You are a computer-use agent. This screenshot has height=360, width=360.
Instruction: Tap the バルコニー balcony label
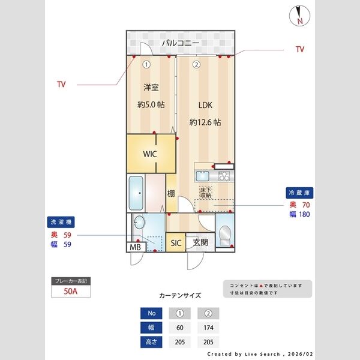point(179,43)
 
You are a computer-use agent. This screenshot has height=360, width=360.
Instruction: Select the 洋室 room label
point(151,88)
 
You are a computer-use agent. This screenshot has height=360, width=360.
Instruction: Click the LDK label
point(205,104)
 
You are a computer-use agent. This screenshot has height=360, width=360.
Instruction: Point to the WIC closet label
point(150,154)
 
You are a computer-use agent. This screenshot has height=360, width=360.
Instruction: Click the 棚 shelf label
point(171,193)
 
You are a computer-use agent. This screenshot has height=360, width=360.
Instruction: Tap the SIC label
point(176,243)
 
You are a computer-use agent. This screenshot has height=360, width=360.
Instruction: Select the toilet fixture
point(225,235)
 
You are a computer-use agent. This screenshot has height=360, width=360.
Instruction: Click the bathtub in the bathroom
point(137,193)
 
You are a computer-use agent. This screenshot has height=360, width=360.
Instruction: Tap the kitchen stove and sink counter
point(212,176)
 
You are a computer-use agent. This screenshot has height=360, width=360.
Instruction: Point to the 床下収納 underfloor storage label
point(206,192)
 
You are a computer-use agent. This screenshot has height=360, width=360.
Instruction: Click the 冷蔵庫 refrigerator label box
point(299,193)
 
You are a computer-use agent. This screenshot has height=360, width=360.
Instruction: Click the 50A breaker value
point(71,292)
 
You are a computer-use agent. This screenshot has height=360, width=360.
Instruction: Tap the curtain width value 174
point(208,328)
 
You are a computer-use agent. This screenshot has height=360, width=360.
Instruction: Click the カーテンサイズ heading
point(180,296)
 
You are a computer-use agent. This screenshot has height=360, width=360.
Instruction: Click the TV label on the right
point(300,49)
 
